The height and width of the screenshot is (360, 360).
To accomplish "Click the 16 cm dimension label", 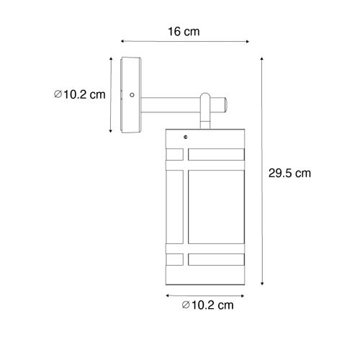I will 180,32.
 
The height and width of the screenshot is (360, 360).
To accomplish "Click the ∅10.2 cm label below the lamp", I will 209,306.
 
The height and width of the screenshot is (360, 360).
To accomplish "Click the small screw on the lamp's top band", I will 186,135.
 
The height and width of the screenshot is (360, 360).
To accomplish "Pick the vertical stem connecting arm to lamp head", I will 205,115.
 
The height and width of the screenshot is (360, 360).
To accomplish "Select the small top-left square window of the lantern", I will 175,153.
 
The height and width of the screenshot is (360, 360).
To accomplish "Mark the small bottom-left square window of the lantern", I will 175,256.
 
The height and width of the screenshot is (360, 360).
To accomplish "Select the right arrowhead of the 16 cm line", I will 237,41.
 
